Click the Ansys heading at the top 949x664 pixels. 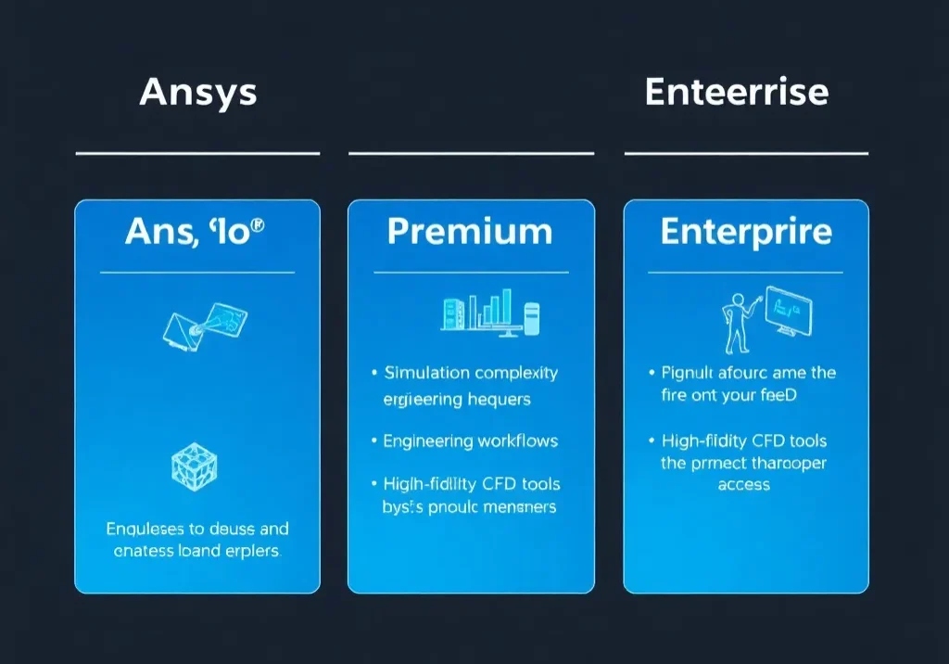click(x=198, y=93)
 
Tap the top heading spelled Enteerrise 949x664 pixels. click(x=736, y=93)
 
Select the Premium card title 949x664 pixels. click(x=471, y=232)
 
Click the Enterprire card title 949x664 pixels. click(x=746, y=232)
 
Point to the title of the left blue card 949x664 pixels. click(x=196, y=232)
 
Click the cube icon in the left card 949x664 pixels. click(x=195, y=467)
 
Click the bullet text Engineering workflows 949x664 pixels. click(x=471, y=441)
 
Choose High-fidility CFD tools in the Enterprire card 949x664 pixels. click(x=744, y=441)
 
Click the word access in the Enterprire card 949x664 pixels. click(x=744, y=485)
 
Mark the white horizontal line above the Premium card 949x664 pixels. click(x=471, y=153)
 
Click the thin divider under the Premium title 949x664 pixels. click(x=471, y=273)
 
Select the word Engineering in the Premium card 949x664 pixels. click(x=428, y=441)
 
